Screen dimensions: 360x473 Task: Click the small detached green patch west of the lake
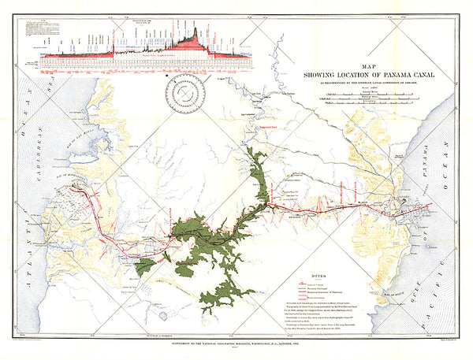[144, 266]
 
